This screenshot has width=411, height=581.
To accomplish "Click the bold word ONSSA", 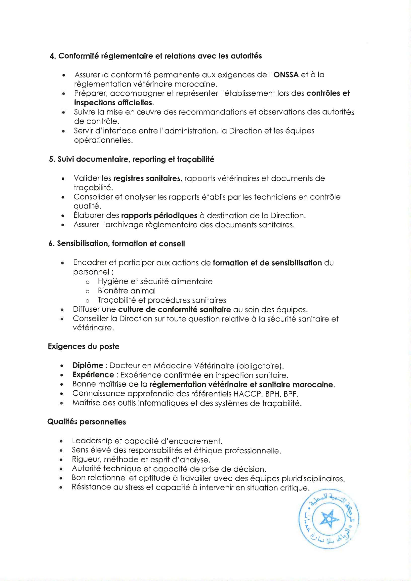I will pos(286,75).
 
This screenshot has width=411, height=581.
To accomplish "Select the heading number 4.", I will pos(52,56).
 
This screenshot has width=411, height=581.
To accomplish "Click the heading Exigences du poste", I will pos(83,346).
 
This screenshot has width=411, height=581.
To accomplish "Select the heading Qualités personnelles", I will pos(86,422).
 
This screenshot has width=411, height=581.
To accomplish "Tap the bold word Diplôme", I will pos(88,365).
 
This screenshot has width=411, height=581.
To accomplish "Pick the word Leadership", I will pos(92,441).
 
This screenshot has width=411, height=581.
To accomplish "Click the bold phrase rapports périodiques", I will pos(159,216).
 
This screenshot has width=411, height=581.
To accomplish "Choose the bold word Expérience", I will pos(93,375).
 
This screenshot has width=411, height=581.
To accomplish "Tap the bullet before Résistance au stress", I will pos(61,488).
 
